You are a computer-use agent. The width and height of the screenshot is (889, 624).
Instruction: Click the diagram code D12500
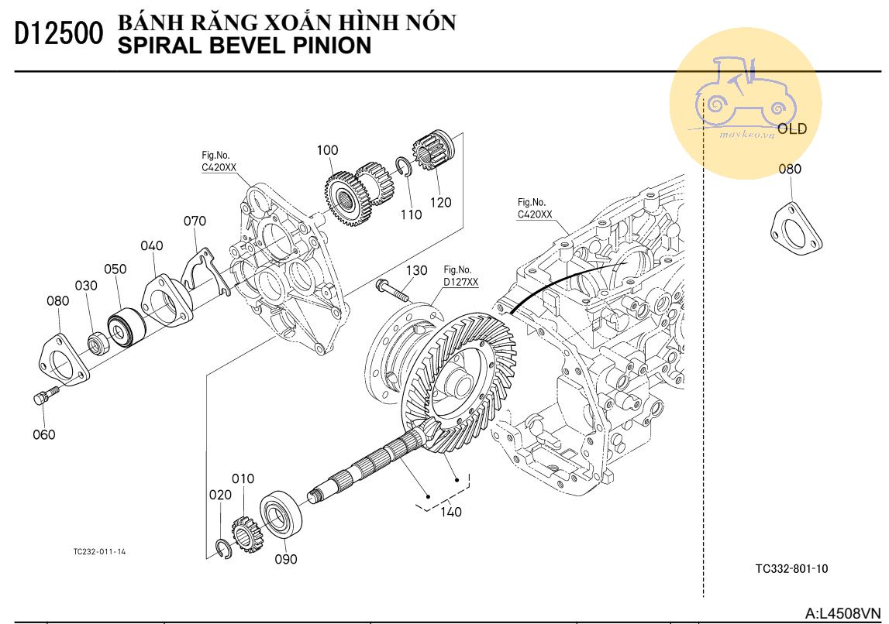pyautogui.click(x=59, y=35)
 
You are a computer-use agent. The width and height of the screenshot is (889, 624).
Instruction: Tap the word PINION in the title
pyautogui.click(x=330, y=46)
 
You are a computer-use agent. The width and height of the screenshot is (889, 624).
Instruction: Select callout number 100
pyautogui.click(x=327, y=149)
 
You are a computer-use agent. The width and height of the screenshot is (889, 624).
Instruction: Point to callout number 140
pyautogui.click(x=450, y=512)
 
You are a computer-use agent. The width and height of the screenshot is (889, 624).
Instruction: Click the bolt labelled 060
pyautogui.click(x=44, y=396)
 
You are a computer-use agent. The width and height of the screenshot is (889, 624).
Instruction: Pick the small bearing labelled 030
pyautogui.click(x=98, y=341)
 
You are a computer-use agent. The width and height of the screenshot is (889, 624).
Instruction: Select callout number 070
pyautogui.click(x=195, y=221)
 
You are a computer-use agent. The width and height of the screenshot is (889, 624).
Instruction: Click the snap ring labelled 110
pyautogui.click(x=402, y=168)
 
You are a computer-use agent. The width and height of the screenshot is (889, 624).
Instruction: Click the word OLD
pyautogui.click(x=792, y=129)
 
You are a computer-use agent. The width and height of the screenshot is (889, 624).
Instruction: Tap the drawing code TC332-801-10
pyautogui.click(x=791, y=568)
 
